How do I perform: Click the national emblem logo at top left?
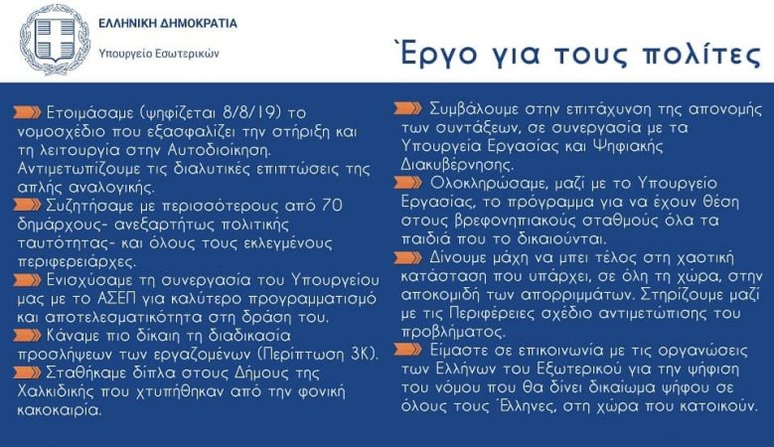coord(53,40)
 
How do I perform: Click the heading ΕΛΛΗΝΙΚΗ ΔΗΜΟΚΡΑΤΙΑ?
coord(168,23)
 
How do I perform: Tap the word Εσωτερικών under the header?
coord(189,53)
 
